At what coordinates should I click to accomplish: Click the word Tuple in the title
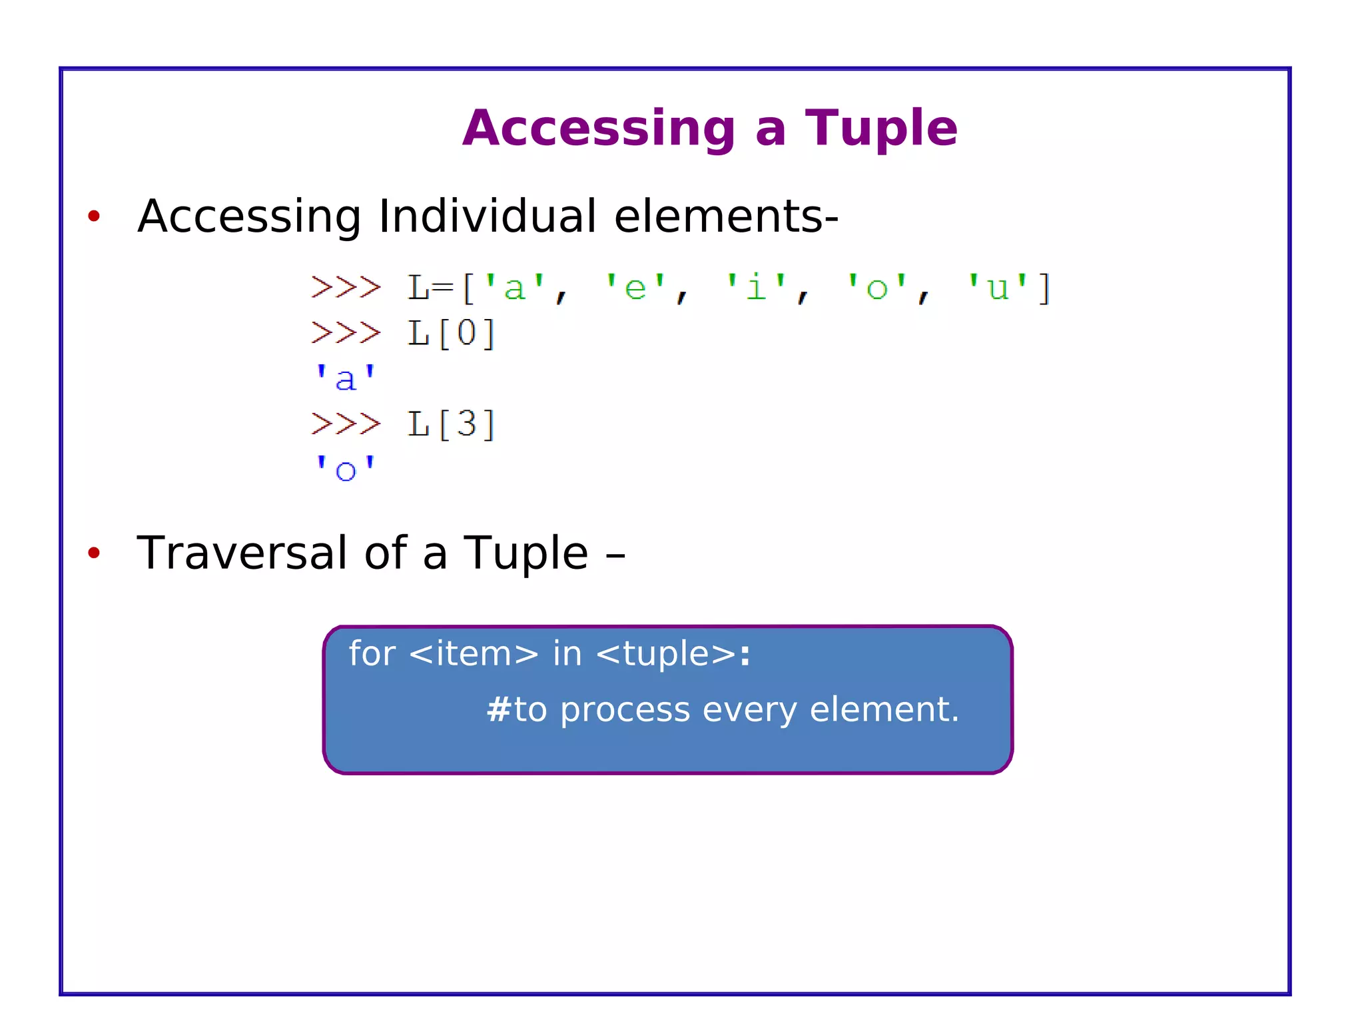(x=880, y=129)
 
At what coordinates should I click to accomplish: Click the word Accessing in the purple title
(x=599, y=129)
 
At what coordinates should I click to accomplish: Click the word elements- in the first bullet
(x=725, y=216)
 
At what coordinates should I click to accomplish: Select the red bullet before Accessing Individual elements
(x=94, y=216)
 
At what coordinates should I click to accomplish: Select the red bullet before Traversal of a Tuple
(x=94, y=552)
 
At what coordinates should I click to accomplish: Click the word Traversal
(x=242, y=553)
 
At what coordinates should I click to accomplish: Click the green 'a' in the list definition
(x=514, y=288)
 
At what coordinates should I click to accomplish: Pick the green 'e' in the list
(x=635, y=288)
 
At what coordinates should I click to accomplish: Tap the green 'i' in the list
(x=756, y=288)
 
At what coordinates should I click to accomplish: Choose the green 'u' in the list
(x=997, y=288)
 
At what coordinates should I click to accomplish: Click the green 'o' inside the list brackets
(x=876, y=288)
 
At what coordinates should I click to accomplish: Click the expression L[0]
(x=452, y=333)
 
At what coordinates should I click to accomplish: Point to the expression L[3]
(x=452, y=424)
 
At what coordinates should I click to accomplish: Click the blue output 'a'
(x=345, y=379)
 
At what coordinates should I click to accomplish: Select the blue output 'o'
(x=345, y=470)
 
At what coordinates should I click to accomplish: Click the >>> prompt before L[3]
(x=346, y=424)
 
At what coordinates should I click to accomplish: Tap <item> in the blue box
(x=474, y=653)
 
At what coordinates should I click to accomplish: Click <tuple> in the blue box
(x=666, y=653)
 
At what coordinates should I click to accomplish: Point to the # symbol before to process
(x=498, y=709)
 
